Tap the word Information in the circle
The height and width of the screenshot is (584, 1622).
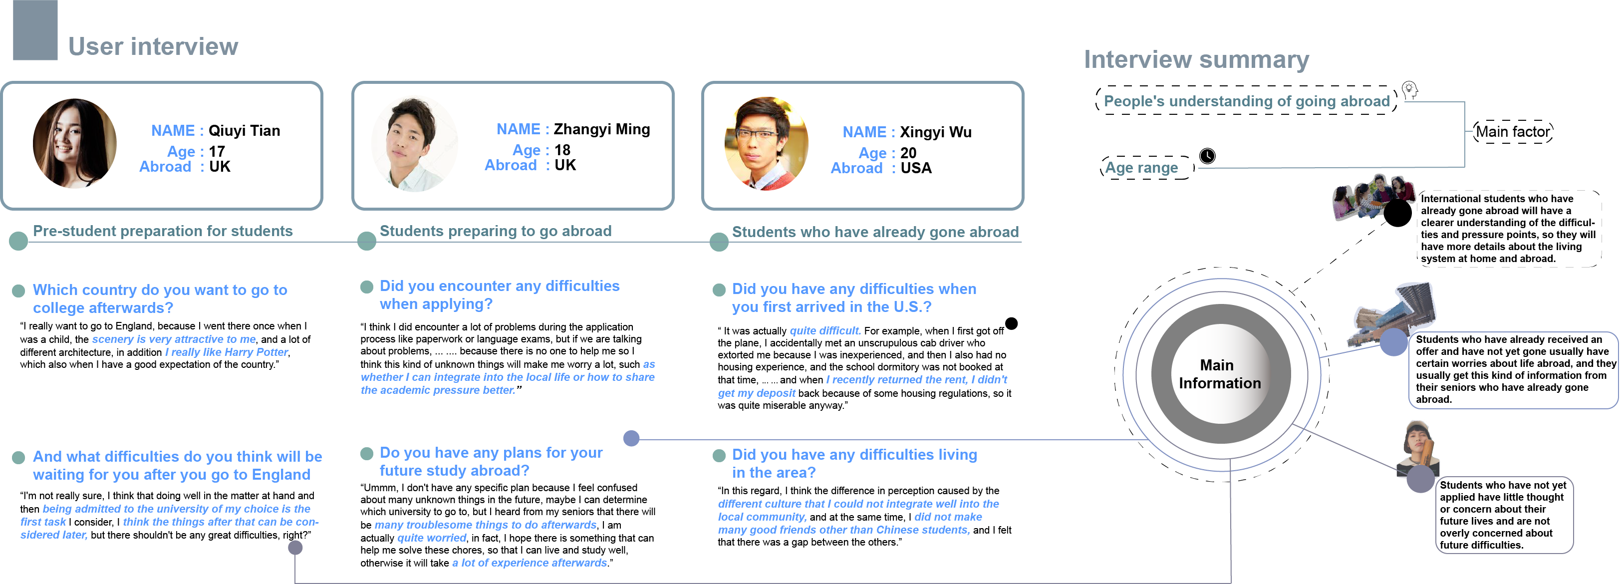click(x=1220, y=383)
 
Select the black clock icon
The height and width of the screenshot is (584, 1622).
click(x=1206, y=156)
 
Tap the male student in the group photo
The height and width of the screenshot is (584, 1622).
click(x=1379, y=192)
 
